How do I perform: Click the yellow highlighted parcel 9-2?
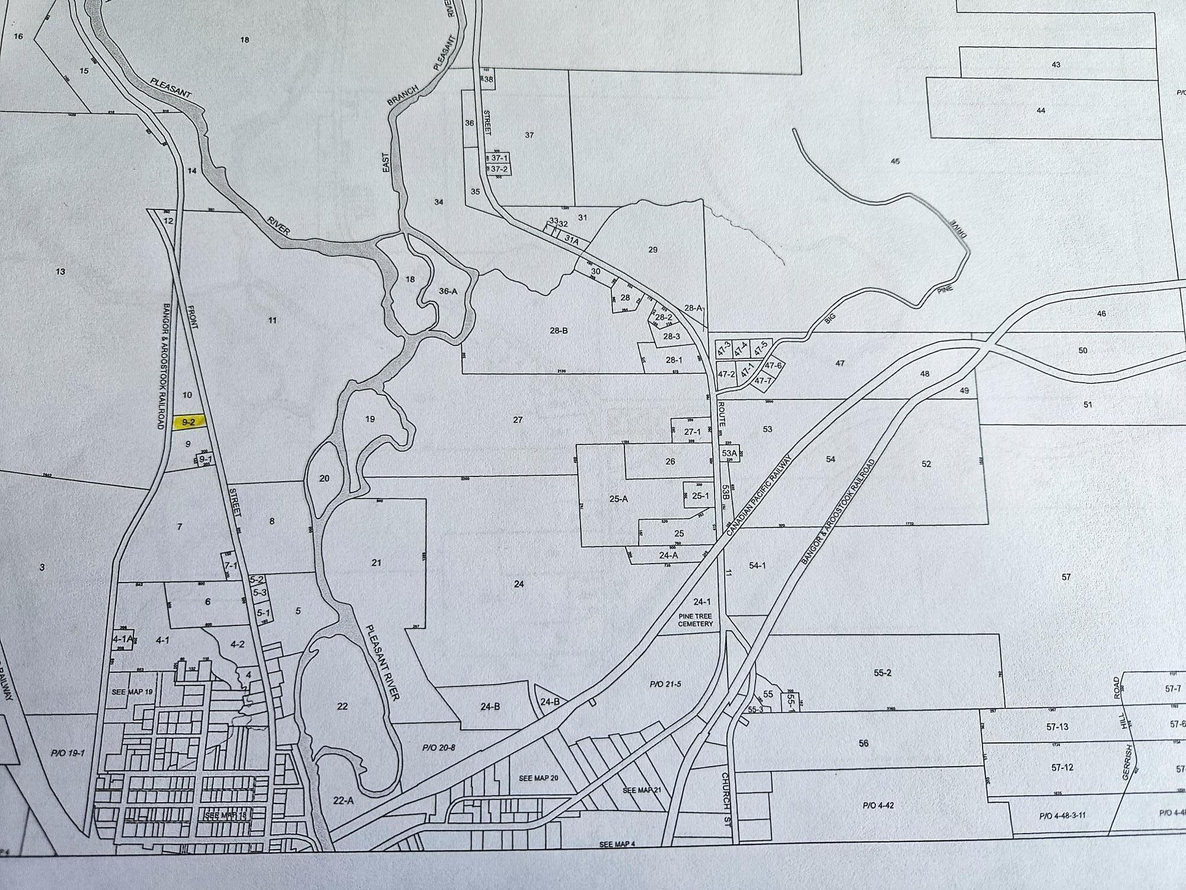click(x=188, y=422)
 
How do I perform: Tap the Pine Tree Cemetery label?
click(x=696, y=620)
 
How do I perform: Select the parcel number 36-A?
click(x=448, y=291)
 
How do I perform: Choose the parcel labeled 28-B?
click(x=558, y=330)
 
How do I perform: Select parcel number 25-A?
click(x=618, y=499)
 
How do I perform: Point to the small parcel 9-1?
click(x=205, y=459)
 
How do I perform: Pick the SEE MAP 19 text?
click(x=132, y=692)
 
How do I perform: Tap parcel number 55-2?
click(x=882, y=673)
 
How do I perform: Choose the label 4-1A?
click(x=122, y=640)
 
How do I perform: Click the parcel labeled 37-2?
click(x=499, y=169)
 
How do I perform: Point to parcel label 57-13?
click(x=1057, y=727)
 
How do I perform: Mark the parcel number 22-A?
click(x=343, y=800)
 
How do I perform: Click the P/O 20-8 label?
click(x=438, y=748)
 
